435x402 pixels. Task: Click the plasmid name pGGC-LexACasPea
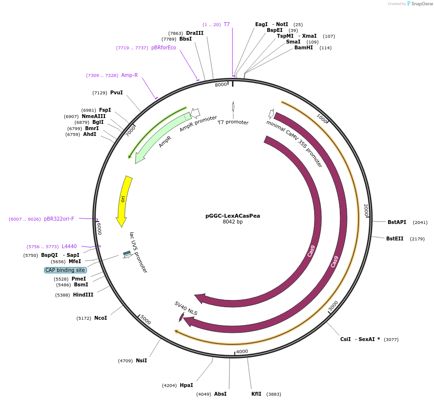[232, 216]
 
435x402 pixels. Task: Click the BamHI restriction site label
[304, 47]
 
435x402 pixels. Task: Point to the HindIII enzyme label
[83, 295]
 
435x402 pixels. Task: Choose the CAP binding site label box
[65, 270]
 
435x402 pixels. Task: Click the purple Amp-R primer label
[130, 75]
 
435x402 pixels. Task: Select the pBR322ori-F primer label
[59, 219]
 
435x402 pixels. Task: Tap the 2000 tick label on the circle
[366, 209]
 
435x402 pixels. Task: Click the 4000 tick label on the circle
[242, 351]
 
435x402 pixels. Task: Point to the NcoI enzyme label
[101, 318]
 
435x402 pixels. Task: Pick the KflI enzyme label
[256, 394]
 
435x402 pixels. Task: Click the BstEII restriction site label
[394, 238]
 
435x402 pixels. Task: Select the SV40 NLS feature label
[186, 308]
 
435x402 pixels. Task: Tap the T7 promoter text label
[233, 122]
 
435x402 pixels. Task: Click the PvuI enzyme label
[116, 92]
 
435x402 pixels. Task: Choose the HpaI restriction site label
[186, 385]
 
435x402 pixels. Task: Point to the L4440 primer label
[69, 246]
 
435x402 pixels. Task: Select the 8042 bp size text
[232, 222]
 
